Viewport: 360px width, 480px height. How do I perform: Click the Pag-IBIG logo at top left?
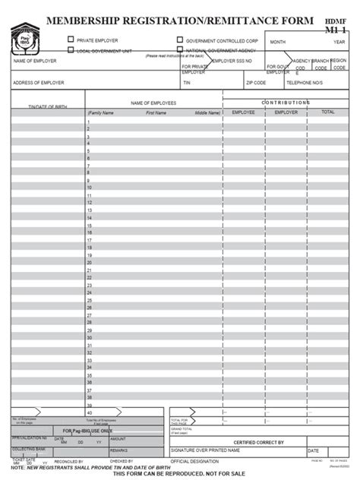(26, 37)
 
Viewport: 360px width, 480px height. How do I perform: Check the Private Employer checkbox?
(71, 39)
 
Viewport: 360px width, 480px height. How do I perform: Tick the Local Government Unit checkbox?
(71, 50)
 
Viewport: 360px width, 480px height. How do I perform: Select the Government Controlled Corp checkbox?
(180, 39)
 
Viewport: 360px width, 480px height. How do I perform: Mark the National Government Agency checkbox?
(180, 50)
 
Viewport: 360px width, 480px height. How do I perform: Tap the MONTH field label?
(277, 42)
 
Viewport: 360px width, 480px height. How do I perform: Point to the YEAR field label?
(339, 42)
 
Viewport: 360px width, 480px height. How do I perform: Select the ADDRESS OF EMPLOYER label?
(38, 82)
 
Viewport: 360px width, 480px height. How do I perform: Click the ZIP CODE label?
(255, 82)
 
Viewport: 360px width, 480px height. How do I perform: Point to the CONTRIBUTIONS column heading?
(286, 102)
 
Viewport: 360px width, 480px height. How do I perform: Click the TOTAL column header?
(327, 112)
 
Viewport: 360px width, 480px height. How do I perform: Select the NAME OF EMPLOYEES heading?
(153, 102)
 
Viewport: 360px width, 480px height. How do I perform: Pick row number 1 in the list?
(89, 121)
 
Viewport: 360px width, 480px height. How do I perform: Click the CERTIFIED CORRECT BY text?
(259, 441)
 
